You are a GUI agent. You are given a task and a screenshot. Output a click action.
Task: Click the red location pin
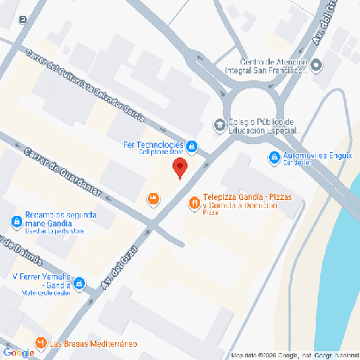tap(179, 168)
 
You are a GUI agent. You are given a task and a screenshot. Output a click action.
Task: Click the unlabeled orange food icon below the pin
tap(154, 198)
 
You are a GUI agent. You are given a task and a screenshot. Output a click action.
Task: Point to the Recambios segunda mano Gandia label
tap(62, 219)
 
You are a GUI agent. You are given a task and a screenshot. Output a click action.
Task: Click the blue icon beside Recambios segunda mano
tap(17, 221)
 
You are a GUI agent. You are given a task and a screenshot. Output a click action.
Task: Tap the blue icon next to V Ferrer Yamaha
tap(80, 283)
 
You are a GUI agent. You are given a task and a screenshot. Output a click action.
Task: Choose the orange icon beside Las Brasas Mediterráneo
tap(40, 342)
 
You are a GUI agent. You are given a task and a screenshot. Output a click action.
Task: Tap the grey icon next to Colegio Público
tap(219, 124)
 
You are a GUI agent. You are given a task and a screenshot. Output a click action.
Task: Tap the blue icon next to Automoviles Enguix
tap(272, 157)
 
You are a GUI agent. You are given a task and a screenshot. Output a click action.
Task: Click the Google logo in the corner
tap(19, 352)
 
